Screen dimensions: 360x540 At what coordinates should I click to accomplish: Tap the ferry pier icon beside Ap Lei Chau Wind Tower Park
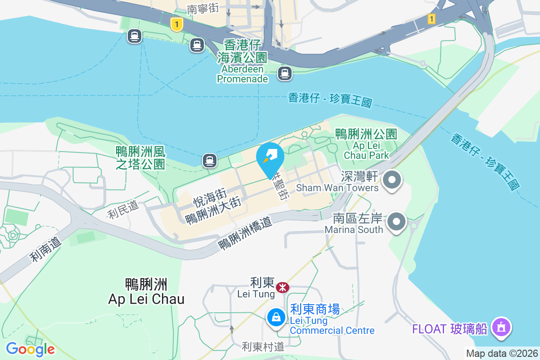coord(209,160)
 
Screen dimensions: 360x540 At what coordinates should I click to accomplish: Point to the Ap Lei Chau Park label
coord(366,144)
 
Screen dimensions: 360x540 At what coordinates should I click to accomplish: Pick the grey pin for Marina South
coord(397,222)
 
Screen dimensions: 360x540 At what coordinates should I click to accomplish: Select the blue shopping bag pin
coord(276,318)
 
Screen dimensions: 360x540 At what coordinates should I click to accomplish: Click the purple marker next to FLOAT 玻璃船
coord(501,327)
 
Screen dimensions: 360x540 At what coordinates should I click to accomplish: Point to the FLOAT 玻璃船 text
coord(450,329)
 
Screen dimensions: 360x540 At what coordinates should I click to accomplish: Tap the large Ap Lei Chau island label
coord(146,292)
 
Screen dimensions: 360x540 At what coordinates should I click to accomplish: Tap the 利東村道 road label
coord(263,346)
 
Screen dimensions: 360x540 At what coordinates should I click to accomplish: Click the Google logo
coord(30,349)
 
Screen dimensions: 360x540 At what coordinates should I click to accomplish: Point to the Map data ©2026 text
coord(502,354)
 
